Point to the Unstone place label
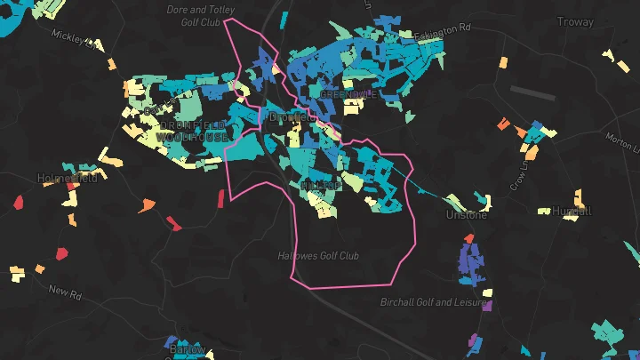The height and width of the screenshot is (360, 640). tap(467, 215)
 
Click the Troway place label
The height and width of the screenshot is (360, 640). tap(574, 21)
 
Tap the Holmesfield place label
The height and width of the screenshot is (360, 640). tap(66, 178)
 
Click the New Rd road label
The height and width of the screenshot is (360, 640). tap(65, 292)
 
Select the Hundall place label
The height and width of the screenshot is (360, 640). tap(572, 212)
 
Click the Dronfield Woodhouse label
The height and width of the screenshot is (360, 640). tap(192, 132)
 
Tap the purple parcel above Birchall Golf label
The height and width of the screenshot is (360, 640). tap(487, 305)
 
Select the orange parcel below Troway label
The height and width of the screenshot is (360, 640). tap(503, 63)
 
